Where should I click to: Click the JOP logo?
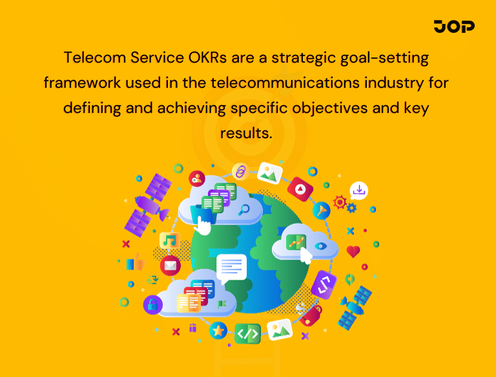point(454,26)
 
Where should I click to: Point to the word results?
point(247,133)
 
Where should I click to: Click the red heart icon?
point(353,252)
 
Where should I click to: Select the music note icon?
point(169,240)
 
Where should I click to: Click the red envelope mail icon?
point(170,264)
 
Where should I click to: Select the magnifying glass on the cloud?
point(244,209)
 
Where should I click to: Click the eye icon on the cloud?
point(320,246)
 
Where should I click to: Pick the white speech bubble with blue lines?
point(232,266)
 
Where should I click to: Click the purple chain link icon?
point(240,172)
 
